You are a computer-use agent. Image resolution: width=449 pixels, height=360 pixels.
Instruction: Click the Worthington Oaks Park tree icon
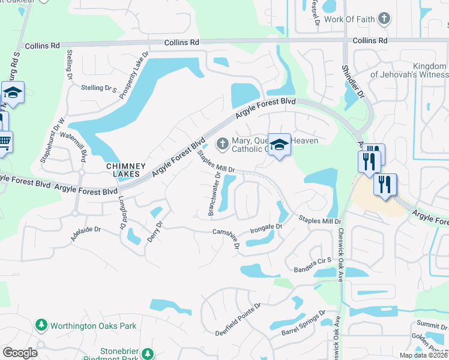[x=41, y=326]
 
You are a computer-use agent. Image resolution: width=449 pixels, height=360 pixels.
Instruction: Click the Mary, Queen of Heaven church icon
[x=222, y=143]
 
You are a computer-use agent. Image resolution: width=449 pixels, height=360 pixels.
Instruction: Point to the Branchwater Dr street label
[x=214, y=194]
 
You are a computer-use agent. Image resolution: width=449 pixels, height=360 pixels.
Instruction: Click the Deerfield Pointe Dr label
[x=240, y=319]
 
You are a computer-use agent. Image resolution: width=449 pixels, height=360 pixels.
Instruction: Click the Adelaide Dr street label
[x=85, y=233]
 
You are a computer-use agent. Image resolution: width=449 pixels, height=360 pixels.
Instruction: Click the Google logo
[x=20, y=353]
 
